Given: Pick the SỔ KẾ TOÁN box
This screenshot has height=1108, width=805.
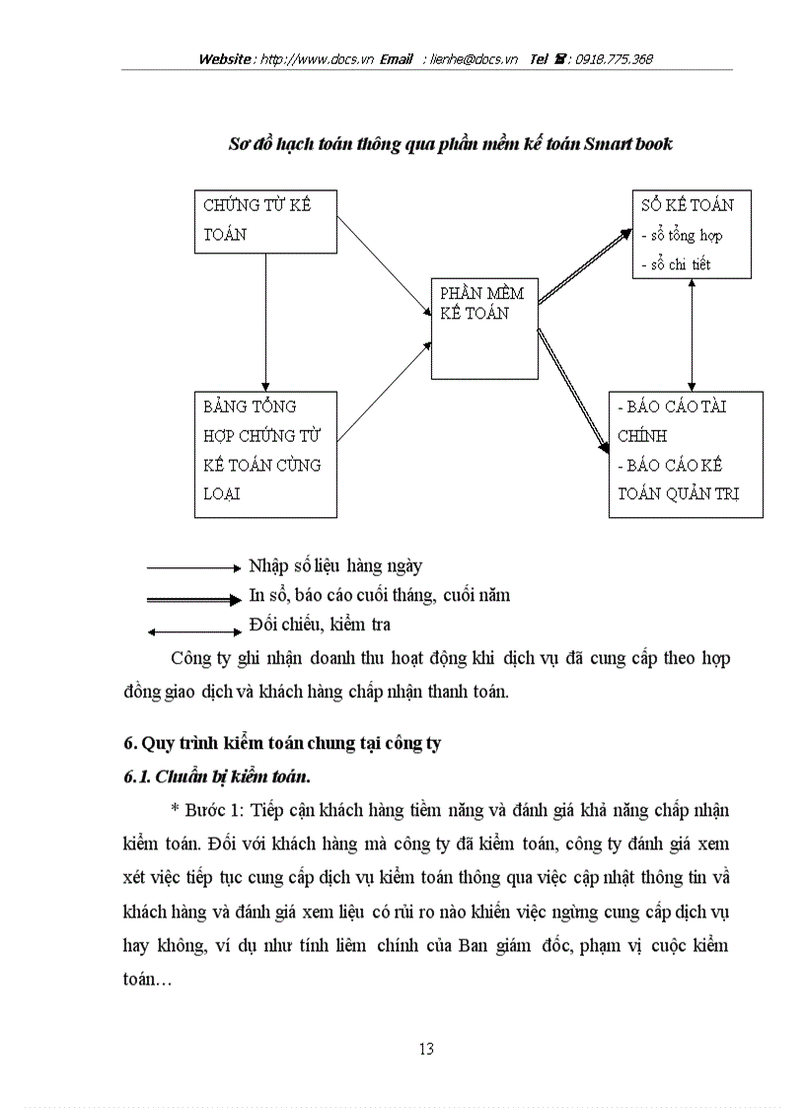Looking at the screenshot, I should click(x=692, y=234).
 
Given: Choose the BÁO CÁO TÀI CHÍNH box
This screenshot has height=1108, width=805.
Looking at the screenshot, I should click(x=687, y=454).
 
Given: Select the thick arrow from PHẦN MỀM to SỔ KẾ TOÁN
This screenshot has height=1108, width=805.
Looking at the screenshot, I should click(x=584, y=265).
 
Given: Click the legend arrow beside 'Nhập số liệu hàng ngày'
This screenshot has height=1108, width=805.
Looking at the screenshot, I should click(x=193, y=568).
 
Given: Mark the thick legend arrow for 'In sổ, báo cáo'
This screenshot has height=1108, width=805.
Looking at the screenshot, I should click(x=193, y=598).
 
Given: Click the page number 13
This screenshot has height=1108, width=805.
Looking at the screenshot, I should click(x=425, y=1048).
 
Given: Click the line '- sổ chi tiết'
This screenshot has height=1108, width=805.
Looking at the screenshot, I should click(x=676, y=264).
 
